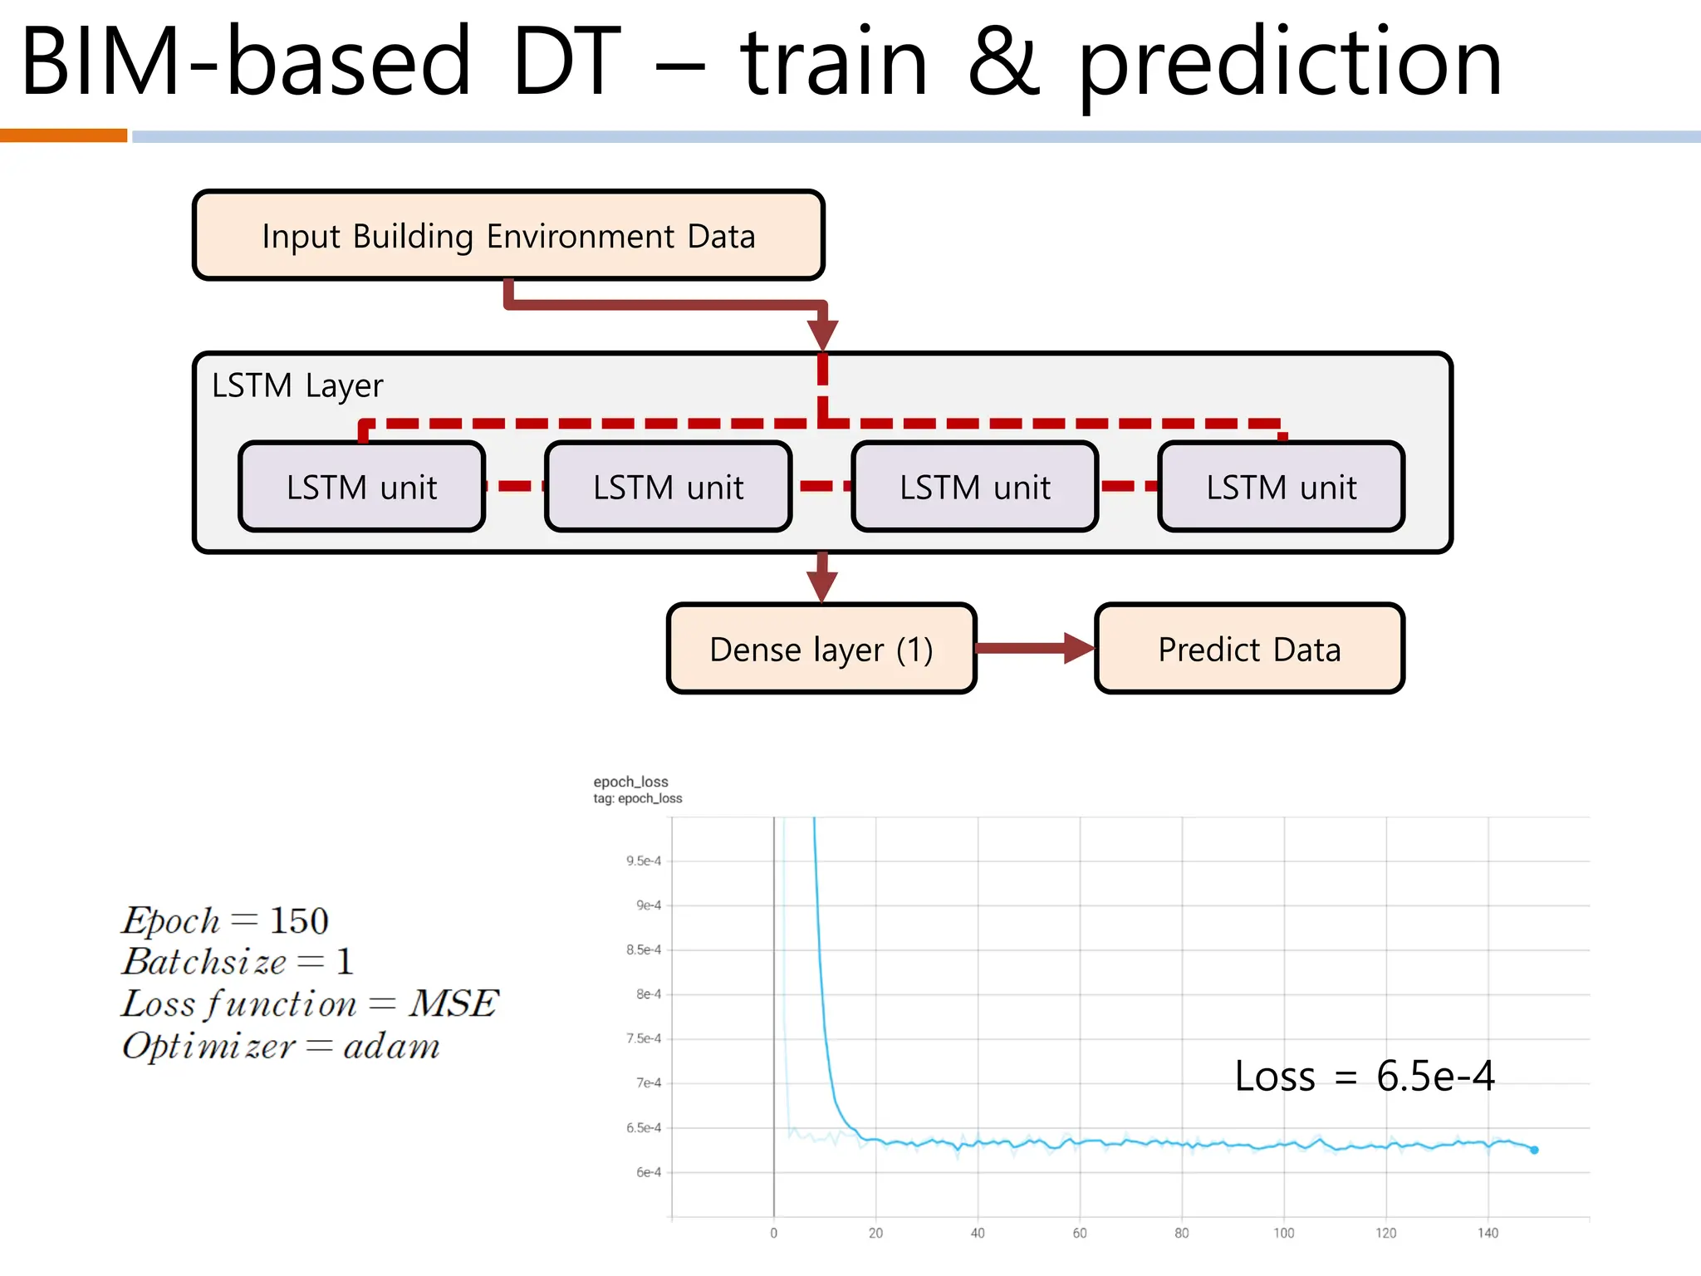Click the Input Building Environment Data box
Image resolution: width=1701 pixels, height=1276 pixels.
pos(508,236)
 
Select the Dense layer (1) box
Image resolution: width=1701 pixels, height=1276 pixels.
pos(821,649)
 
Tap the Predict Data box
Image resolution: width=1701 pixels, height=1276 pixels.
pos(1249,649)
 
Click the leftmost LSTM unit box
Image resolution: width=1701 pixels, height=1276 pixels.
pos(361,487)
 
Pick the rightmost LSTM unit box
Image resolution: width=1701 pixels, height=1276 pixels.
pos(1281,487)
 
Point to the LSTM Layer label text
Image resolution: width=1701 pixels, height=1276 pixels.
pos(297,385)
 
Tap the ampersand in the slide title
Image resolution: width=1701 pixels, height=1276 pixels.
pos(1003,61)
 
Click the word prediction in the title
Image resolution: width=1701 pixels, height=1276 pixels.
pos(1290,65)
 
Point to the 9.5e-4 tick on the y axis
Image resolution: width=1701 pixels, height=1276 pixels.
pos(644,861)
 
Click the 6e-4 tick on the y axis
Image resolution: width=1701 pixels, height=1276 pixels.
pos(649,1172)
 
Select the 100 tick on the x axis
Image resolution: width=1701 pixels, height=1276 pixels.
pos(1283,1233)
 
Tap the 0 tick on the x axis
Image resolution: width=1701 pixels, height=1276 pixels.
pos(773,1233)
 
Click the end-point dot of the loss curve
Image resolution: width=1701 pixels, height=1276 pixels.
pos(1534,1150)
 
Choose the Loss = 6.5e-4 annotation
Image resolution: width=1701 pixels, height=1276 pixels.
pos(1364,1076)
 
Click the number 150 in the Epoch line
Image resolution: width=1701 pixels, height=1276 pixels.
pos(299,920)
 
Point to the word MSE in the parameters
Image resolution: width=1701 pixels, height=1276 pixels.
pos(453,1004)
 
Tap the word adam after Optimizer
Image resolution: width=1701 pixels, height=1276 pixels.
pos(391,1046)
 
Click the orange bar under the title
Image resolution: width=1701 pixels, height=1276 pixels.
pos(63,135)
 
